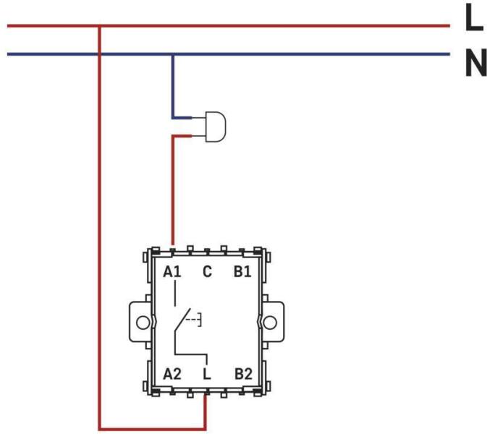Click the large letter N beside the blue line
click(476, 62)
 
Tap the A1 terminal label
click(172, 272)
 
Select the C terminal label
click(207, 272)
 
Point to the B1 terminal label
click(242, 272)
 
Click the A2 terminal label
click(172, 374)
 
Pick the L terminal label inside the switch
click(207, 374)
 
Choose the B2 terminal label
click(243, 374)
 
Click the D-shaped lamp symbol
click(216, 127)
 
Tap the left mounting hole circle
click(143, 323)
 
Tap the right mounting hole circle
click(270, 323)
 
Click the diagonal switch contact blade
click(182, 320)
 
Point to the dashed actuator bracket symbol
click(194, 320)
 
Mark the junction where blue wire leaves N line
click(173, 54)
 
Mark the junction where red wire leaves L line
click(100, 26)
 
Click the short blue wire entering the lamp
click(182, 118)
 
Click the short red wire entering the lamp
click(182, 136)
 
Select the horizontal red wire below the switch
click(152, 430)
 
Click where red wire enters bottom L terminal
click(205, 395)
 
